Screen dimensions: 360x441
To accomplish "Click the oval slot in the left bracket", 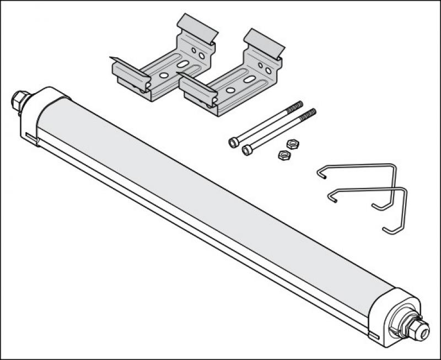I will click(x=182, y=65).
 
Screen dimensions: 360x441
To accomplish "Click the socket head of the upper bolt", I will click(x=234, y=143).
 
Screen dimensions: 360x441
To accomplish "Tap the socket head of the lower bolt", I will click(x=247, y=149).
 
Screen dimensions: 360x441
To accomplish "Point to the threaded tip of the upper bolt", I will click(x=296, y=106).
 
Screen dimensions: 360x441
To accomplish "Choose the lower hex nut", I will click(x=284, y=155).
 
